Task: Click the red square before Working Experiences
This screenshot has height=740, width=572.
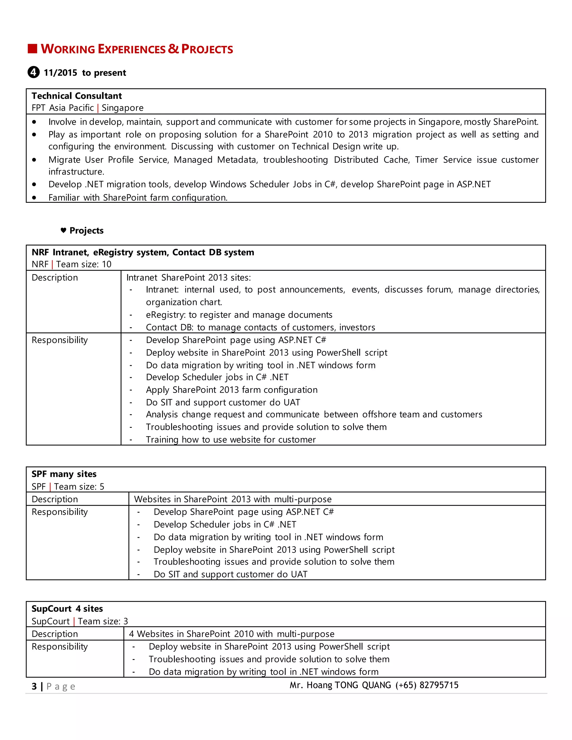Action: click(x=32, y=49)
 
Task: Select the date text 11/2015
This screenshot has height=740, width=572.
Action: click(x=60, y=73)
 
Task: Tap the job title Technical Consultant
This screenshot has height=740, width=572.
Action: click(x=77, y=96)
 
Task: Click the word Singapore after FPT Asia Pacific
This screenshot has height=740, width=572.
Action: click(x=122, y=108)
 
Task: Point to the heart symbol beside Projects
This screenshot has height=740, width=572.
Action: click(x=63, y=230)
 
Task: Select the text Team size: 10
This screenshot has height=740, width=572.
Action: click(x=84, y=264)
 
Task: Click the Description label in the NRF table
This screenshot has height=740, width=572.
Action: click(x=54, y=278)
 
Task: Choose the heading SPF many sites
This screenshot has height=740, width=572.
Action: click(x=64, y=474)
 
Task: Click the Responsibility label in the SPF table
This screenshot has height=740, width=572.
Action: click(x=60, y=512)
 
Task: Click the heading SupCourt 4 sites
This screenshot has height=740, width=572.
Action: click(x=67, y=608)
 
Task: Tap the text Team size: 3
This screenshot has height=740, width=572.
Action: click(x=103, y=621)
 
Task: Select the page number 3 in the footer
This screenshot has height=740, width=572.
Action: click(x=34, y=686)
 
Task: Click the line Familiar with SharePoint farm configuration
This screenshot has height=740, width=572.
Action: click(x=138, y=197)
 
